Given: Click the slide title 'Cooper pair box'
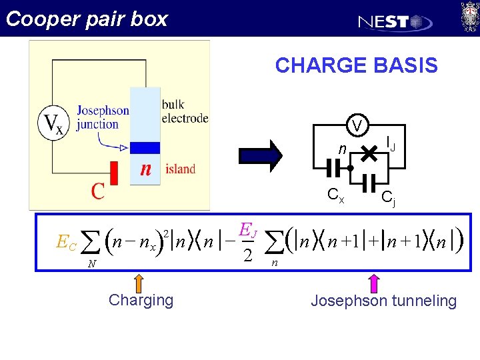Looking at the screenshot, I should (86, 19).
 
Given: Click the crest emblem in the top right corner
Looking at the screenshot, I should (469, 17).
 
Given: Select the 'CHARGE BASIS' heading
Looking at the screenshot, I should (356, 65).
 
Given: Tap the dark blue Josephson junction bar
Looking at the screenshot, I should (145, 148).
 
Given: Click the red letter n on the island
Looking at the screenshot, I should (145, 169).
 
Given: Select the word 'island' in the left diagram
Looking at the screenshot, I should (180, 169).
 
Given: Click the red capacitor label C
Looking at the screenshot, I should (98, 191).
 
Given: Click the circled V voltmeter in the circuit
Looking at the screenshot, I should (358, 126).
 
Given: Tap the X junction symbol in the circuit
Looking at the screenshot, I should (367, 154).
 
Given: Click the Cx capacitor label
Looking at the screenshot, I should (335, 196).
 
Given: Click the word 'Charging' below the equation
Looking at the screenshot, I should (141, 300).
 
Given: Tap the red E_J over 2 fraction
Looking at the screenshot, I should (246, 244).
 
